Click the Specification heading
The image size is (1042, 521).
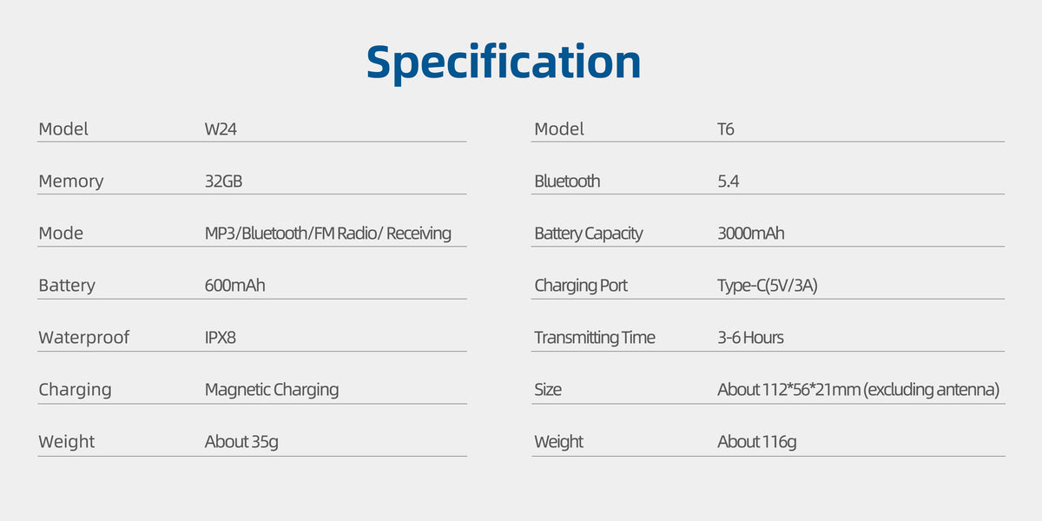click(504, 63)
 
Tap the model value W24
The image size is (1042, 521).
click(221, 129)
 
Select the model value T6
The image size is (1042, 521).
click(726, 129)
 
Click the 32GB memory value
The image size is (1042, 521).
click(223, 181)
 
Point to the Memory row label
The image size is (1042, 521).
click(71, 181)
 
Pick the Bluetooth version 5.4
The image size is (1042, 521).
click(728, 181)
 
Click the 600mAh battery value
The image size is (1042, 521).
click(235, 285)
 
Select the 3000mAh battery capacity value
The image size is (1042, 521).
click(751, 233)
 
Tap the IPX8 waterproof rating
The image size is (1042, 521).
click(220, 337)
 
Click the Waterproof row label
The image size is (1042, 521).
click(83, 338)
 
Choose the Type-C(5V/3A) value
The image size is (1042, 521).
click(768, 286)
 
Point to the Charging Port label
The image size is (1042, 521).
click(581, 286)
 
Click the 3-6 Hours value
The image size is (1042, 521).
click(750, 337)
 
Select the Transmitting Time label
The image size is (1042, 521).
click(595, 338)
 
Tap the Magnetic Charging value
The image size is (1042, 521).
click(272, 390)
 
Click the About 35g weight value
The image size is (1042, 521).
click(241, 442)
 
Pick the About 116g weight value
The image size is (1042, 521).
click(757, 442)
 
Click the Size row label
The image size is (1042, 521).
click(548, 389)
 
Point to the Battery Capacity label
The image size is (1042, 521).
click(589, 234)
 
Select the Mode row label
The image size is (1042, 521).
click(61, 233)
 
